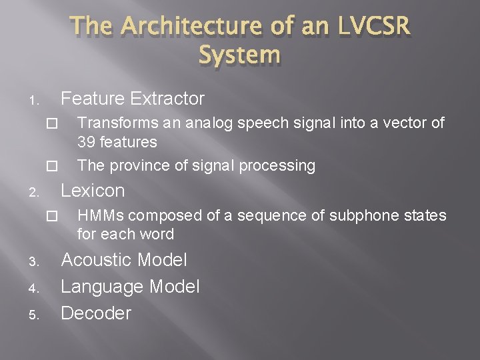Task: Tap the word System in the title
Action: pyautogui.click(x=239, y=55)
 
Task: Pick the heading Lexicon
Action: pyautogui.click(x=93, y=191)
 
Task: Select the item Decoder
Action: pyautogui.click(x=96, y=313)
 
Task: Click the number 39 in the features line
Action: pyautogui.click(x=86, y=142)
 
